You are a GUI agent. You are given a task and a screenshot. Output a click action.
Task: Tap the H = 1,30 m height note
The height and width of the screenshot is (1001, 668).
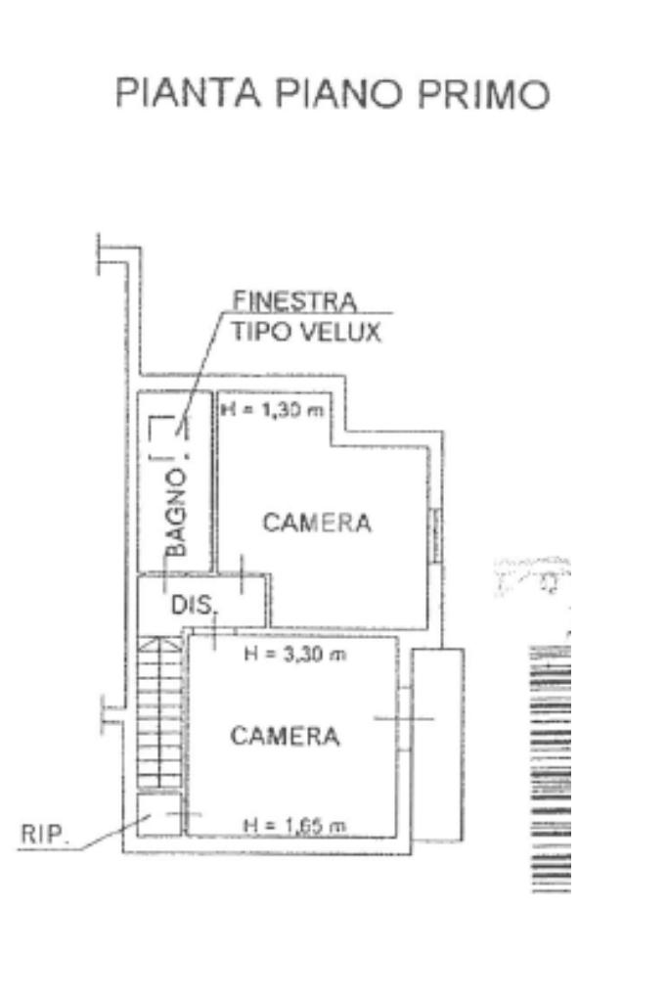(x=271, y=409)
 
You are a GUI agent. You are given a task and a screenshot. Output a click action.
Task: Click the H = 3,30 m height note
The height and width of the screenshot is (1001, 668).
(x=294, y=654)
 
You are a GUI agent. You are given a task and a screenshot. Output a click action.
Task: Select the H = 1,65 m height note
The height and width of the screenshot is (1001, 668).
(x=294, y=827)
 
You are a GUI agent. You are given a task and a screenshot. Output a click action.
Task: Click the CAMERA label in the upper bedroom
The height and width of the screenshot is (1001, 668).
(x=317, y=523)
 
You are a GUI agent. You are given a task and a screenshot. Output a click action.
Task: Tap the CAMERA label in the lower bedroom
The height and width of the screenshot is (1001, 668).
(x=285, y=736)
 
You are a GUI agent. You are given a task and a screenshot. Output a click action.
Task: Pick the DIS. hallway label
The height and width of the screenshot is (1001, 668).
(x=193, y=605)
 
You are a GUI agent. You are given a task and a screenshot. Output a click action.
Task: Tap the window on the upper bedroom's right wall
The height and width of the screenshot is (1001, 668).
(x=435, y=535)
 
